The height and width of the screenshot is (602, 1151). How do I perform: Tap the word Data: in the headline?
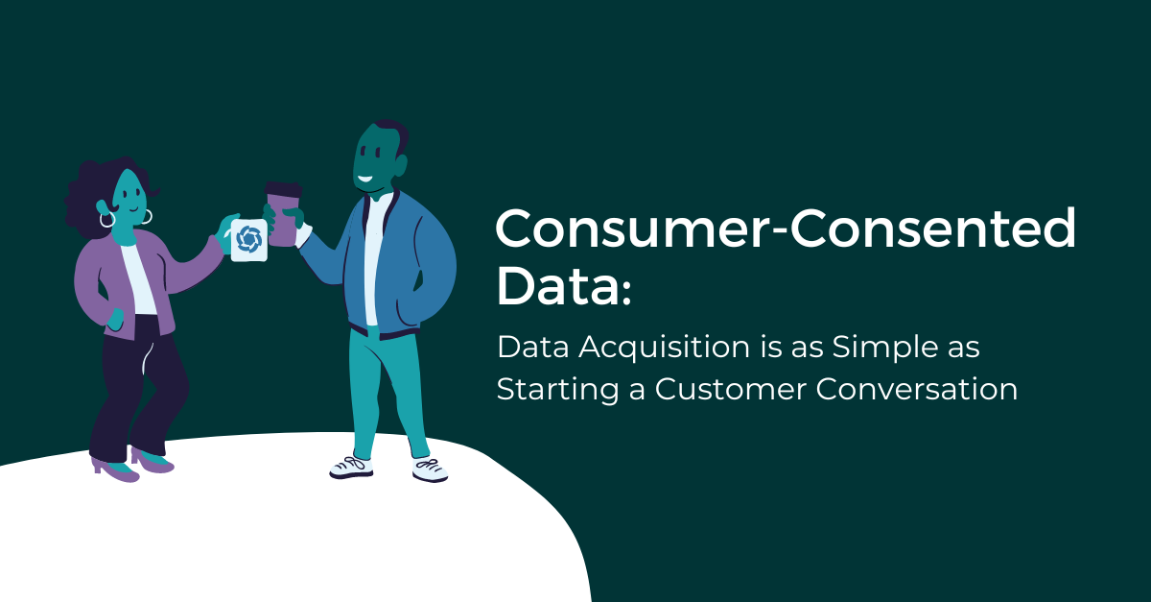pos(564,285)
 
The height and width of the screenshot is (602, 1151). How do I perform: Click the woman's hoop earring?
pos(106,220)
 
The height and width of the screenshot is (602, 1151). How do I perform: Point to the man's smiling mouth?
pos(365,177)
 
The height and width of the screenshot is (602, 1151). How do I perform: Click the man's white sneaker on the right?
pos(430,468)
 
